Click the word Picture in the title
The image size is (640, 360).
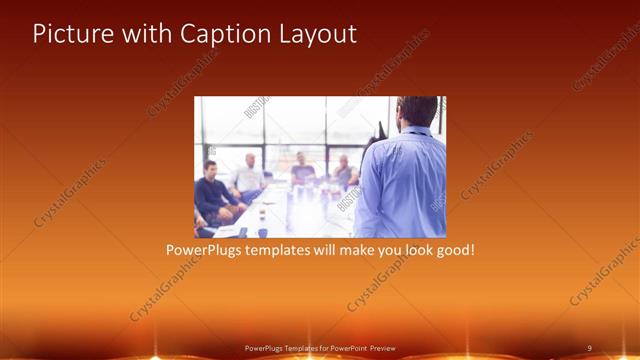click(x=69, y=33)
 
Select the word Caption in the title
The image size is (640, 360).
click(x=214, y=33)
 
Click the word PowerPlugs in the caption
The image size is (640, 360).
click(x=200, y=249)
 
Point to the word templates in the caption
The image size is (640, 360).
click(x=273, y=249)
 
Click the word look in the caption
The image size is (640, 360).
click(x=412, y=249)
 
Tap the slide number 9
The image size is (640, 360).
click(x=589, y=347)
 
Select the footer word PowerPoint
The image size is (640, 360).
click(x=346, y=348)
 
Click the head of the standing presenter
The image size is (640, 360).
click(x=415, y=114)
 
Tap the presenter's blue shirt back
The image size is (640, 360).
click(x=400, y=185)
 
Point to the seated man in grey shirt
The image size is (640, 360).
click(x=344, y=172)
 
